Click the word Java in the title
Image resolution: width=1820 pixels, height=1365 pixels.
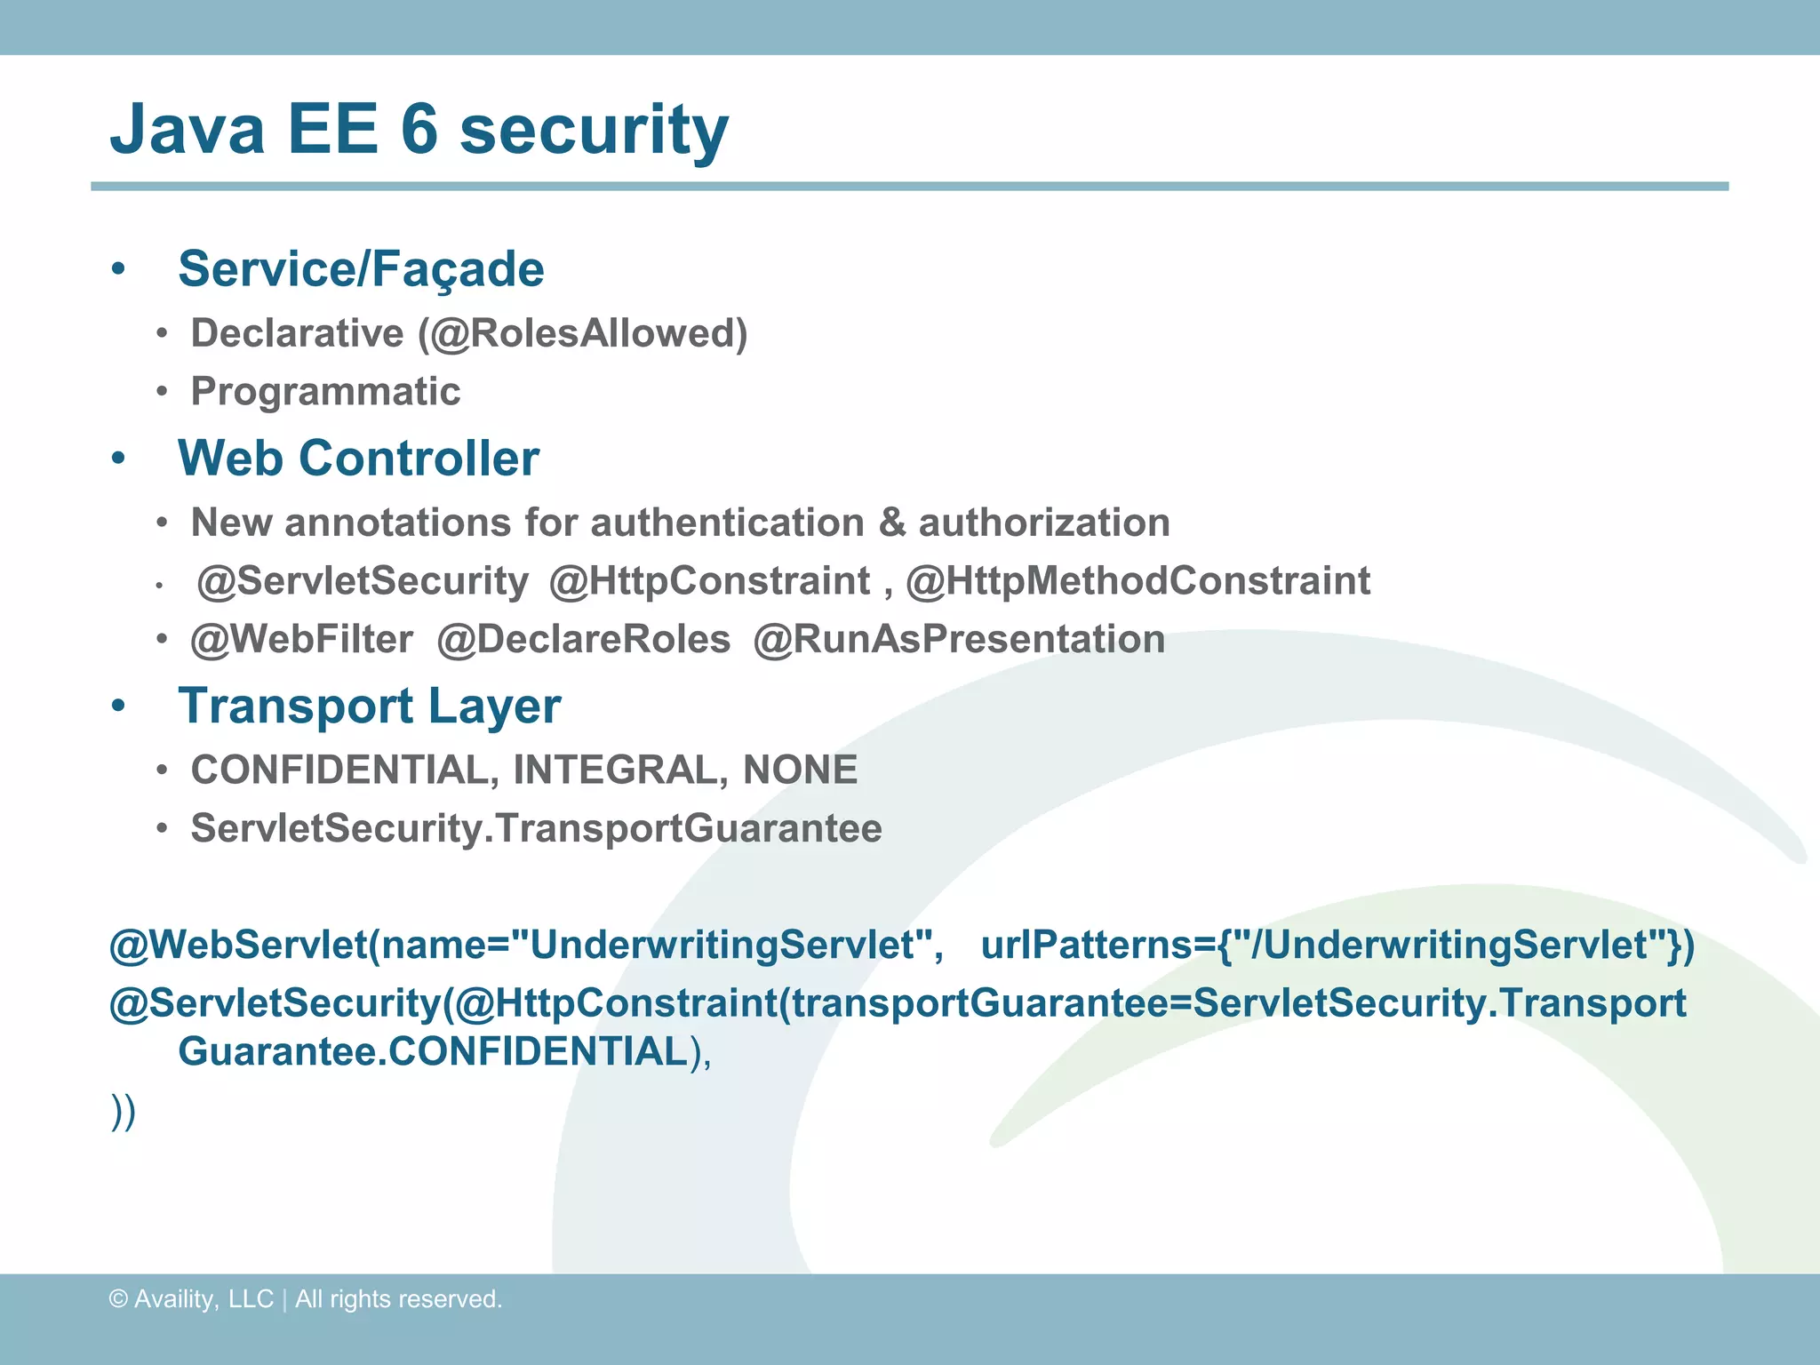[x=188, y=130]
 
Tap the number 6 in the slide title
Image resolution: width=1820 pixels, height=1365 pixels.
[x=419, y=130]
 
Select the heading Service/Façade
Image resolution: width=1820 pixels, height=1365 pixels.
[x=361, y=269]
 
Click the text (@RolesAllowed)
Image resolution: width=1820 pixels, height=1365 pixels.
[x=583, y=334]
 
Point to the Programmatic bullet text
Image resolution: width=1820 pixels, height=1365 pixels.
[x=325, y=392]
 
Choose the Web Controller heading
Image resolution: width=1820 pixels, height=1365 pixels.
[x=358, y=459]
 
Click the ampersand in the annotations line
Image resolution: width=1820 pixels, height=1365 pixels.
[x=891, y=523]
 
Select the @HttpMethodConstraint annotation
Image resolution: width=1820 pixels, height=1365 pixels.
[x=1137, y=581]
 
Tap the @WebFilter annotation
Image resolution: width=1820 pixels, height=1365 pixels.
[x=302, y=640]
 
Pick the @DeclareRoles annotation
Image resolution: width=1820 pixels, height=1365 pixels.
[x=584, y=640]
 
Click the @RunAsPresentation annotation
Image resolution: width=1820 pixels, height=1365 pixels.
[x=959, y=640]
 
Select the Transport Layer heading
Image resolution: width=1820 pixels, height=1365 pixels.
[x=370, y=706]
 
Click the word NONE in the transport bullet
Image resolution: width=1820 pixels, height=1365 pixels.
[x=800, y=770]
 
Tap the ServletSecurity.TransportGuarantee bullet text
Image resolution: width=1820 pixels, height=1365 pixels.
[x=536, y=829]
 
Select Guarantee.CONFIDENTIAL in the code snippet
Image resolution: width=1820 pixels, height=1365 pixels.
[x=434, y=1052]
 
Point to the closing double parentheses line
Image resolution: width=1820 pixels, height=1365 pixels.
[x=124, y=1111]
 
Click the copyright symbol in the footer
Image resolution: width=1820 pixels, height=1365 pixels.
[x=118, y=1299]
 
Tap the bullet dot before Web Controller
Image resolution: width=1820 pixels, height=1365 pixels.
[x=118, y=459]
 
